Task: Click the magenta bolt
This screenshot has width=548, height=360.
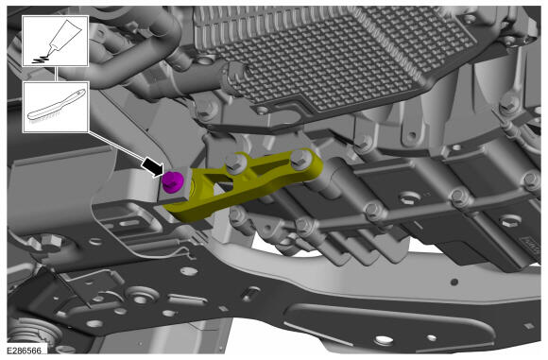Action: click(173, 181)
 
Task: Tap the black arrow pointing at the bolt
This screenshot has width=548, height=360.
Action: click(153, 166)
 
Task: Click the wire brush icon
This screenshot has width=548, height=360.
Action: click(56, 105)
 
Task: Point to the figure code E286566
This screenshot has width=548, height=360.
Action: click(25, 351)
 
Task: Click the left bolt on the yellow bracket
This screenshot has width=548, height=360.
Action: click(234, 163)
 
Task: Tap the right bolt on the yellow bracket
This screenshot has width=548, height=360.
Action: click(300, 159)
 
